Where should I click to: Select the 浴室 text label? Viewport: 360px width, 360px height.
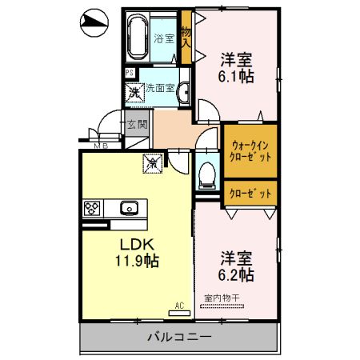(x=164, y=38)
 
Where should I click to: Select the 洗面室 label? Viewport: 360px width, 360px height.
(x=159, y=88)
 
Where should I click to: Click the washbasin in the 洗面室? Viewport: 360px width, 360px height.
(x=183, y=90)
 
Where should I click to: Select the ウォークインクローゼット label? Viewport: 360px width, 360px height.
(x=250, y=151)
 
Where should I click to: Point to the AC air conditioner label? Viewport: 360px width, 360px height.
(x=180, y=305)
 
